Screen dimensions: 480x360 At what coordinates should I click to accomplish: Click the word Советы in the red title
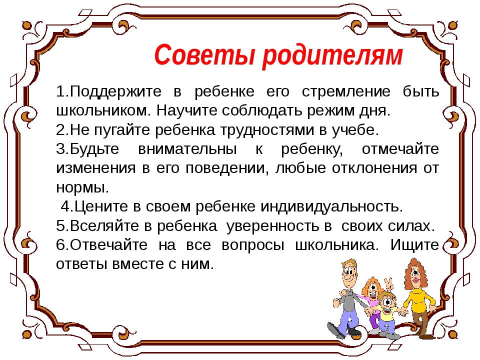tap(204, 55)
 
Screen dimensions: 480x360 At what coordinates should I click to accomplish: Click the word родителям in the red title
tap(332, 56)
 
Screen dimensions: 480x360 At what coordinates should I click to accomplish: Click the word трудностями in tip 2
tap(267, 130)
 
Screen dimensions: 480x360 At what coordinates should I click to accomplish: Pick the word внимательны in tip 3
tap(187, 149)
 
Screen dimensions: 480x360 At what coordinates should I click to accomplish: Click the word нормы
tap(82, 187)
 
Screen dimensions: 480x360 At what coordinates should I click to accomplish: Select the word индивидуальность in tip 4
tap(332, 206)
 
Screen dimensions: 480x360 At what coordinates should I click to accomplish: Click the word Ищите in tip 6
tap(414, 245)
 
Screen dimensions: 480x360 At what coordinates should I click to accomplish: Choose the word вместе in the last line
tap(138, 264)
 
